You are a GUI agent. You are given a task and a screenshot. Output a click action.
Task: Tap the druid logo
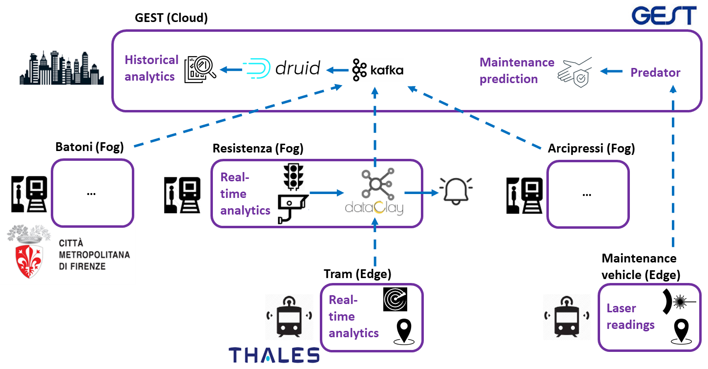(x=281, y=68)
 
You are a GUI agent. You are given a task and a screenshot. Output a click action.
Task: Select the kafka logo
(x=377, y=70)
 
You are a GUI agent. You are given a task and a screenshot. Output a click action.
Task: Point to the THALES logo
(x=272, y=355)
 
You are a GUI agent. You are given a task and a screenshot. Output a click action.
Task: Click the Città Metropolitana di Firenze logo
(x=68, y=253)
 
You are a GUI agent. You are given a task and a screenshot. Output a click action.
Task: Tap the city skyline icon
(x=62, y=68)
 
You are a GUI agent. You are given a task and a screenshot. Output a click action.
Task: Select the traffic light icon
(x=293, y=175)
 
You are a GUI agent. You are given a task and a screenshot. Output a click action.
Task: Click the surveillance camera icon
(x=293, y=209)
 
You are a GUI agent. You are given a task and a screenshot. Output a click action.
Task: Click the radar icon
(x=395, y=300)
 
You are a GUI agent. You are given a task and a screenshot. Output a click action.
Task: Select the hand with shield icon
(x=575, y=71)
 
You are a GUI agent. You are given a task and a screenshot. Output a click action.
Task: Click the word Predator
(x=655, y=72)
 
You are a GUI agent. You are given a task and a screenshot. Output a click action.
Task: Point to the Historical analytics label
(x=151, y=68)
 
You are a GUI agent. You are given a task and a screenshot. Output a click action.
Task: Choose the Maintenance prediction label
(x=516, y=70)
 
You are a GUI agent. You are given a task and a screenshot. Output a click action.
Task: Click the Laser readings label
(x=630, y=316)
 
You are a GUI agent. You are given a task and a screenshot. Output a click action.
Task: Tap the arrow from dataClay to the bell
(x=421, y=193)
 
